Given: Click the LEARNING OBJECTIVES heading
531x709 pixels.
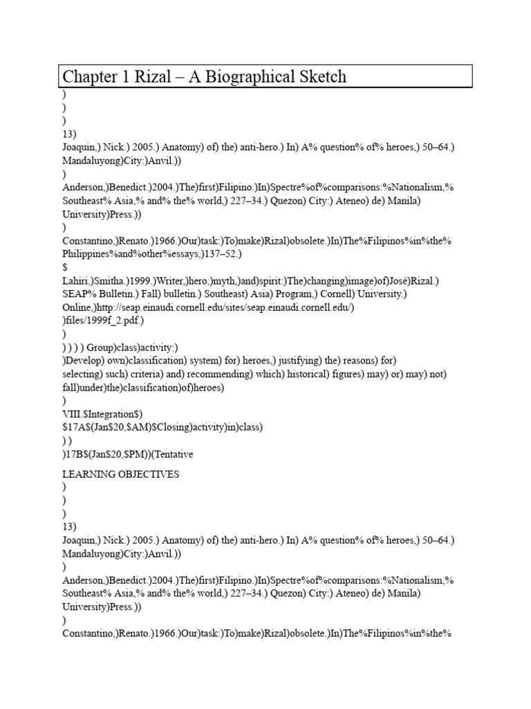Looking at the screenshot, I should [121, 474].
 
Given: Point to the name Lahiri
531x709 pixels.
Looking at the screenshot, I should [76, 281].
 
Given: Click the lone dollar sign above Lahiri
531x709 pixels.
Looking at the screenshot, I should [65, 267].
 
